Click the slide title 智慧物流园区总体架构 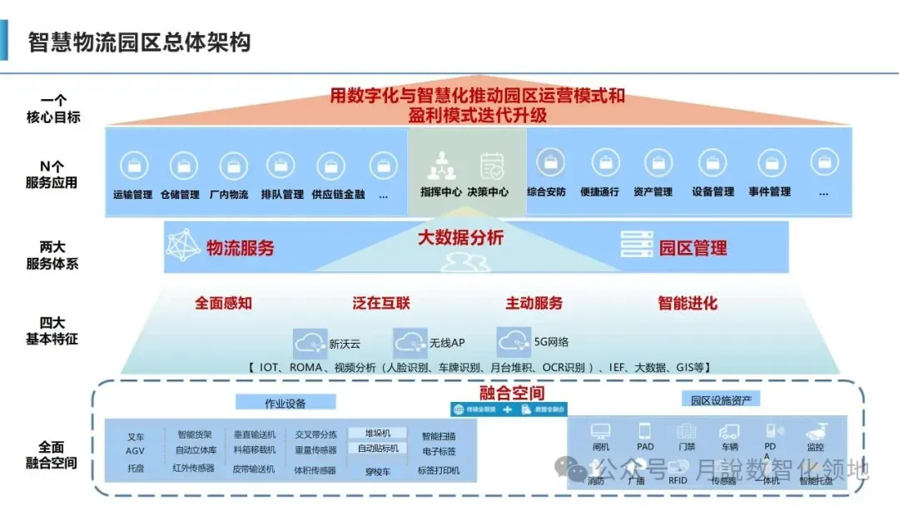pos(139,42)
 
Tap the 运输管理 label pos(132,195)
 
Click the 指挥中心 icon pos(441,167)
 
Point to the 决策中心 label pos(488,192)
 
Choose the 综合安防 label pos(546,192)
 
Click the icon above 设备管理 pos(713,163)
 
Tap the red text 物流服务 pos(240,247)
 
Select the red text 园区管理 pos(693,247)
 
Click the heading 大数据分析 pos(460,238)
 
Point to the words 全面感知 pos(223,303)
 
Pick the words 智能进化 pos(687,303)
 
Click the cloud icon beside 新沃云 pos(308,342)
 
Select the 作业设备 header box pos(286,403)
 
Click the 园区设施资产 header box pos(721,400)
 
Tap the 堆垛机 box pos(379,433)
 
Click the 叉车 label pos(136,437)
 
